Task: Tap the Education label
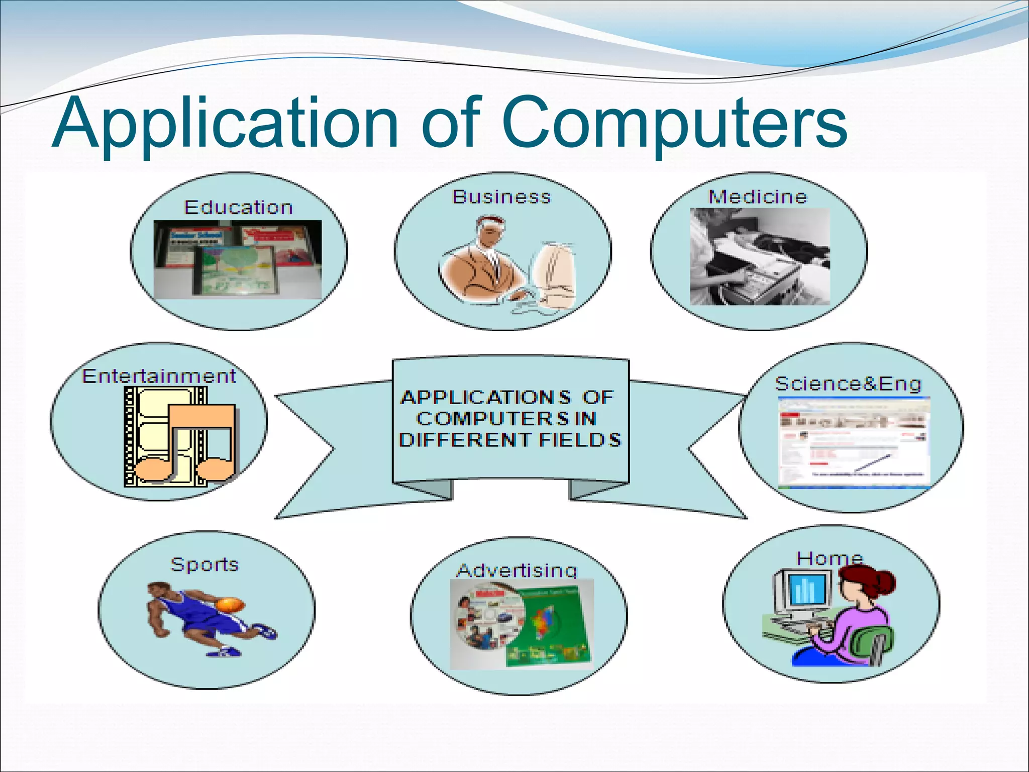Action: point(238,208)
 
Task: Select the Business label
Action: point(501,197)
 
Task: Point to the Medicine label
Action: point(757,197)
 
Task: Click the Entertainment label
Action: point(159,376)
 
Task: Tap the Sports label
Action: point(204,564)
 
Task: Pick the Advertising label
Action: point(517,570)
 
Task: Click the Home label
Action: point(830,558)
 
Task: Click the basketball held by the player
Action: point(230,604)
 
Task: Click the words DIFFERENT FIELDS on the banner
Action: point(509,440)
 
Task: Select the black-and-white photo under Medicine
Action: point(759,257)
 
